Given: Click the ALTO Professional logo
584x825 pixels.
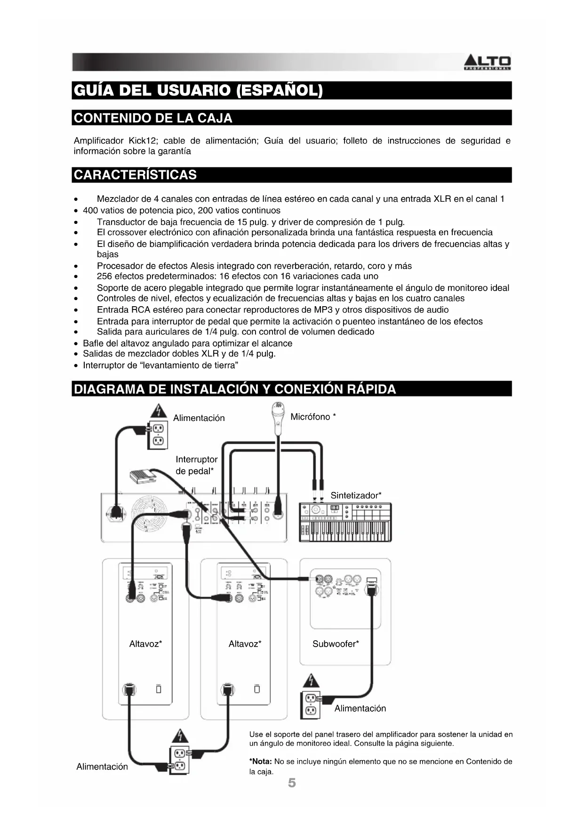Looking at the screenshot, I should [488, 63].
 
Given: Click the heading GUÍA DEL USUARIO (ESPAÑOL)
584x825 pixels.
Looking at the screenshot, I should [198, 90].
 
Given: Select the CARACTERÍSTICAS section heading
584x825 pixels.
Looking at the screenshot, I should [136, 175].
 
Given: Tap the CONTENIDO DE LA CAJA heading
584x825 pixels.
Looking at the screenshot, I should [153, 118].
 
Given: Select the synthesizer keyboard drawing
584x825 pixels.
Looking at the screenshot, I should [345, 522].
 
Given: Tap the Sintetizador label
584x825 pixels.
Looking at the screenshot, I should [355, 495].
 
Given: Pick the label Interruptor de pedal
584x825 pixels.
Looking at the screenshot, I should [196, 465].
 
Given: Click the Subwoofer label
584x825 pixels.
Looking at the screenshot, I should [335, 644].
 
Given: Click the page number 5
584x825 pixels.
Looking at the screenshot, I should [292, 783].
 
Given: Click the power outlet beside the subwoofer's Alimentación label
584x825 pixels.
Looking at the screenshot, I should [310, 704].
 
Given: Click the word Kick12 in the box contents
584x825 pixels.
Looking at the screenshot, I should [142, 141].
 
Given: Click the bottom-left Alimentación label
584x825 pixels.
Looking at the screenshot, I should [102, 766].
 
